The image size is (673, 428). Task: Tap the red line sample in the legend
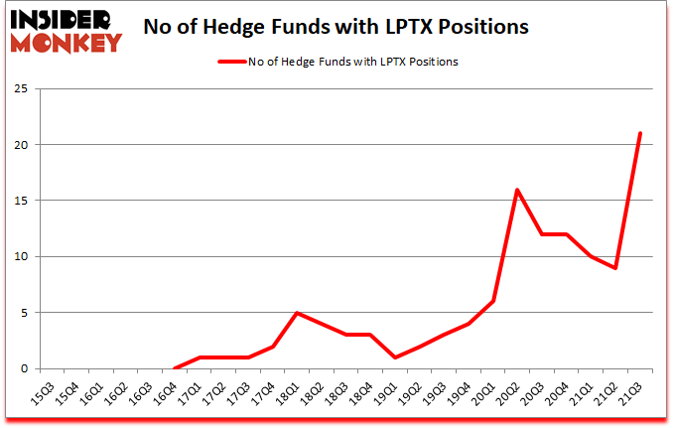click(x=230, y=61)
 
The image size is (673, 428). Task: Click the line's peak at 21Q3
click(x=640, y=133)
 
